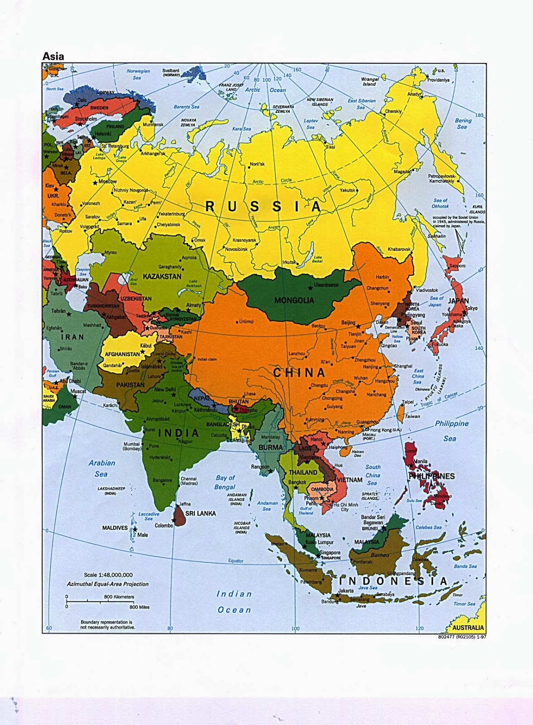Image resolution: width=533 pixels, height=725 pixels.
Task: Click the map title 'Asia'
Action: click(53, 57)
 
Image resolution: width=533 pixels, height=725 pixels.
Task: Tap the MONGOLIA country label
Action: click(294, 300)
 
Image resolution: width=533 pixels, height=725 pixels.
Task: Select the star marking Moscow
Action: click(95, 183)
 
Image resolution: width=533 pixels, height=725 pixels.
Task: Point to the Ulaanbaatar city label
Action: click(327, 285)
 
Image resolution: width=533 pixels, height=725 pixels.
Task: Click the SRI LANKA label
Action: click(201, 513)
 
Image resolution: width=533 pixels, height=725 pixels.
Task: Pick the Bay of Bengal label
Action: click(225, 482)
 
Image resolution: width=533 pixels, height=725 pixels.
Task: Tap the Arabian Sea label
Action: click(101, 468)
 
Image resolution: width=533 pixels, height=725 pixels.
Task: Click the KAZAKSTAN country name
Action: click(162, 276)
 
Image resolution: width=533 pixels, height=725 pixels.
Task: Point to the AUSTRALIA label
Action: click(468, 628)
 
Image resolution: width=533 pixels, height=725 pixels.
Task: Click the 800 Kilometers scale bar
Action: click(100, 601)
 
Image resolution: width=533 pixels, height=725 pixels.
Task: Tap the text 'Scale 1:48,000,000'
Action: click(108, 575)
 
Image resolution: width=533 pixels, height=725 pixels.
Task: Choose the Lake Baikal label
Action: click(318, 259)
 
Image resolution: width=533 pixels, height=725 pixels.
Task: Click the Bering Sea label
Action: click(463, 124)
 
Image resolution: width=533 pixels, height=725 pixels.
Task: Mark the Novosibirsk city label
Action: click(236, 249)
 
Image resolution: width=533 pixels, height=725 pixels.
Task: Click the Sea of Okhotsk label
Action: click(440, 203)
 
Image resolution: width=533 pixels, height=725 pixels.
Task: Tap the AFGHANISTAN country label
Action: click(122, 354)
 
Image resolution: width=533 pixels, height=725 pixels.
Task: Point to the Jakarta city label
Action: click(346, 591)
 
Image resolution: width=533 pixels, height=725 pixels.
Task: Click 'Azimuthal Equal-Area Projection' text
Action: click(108, 584)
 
